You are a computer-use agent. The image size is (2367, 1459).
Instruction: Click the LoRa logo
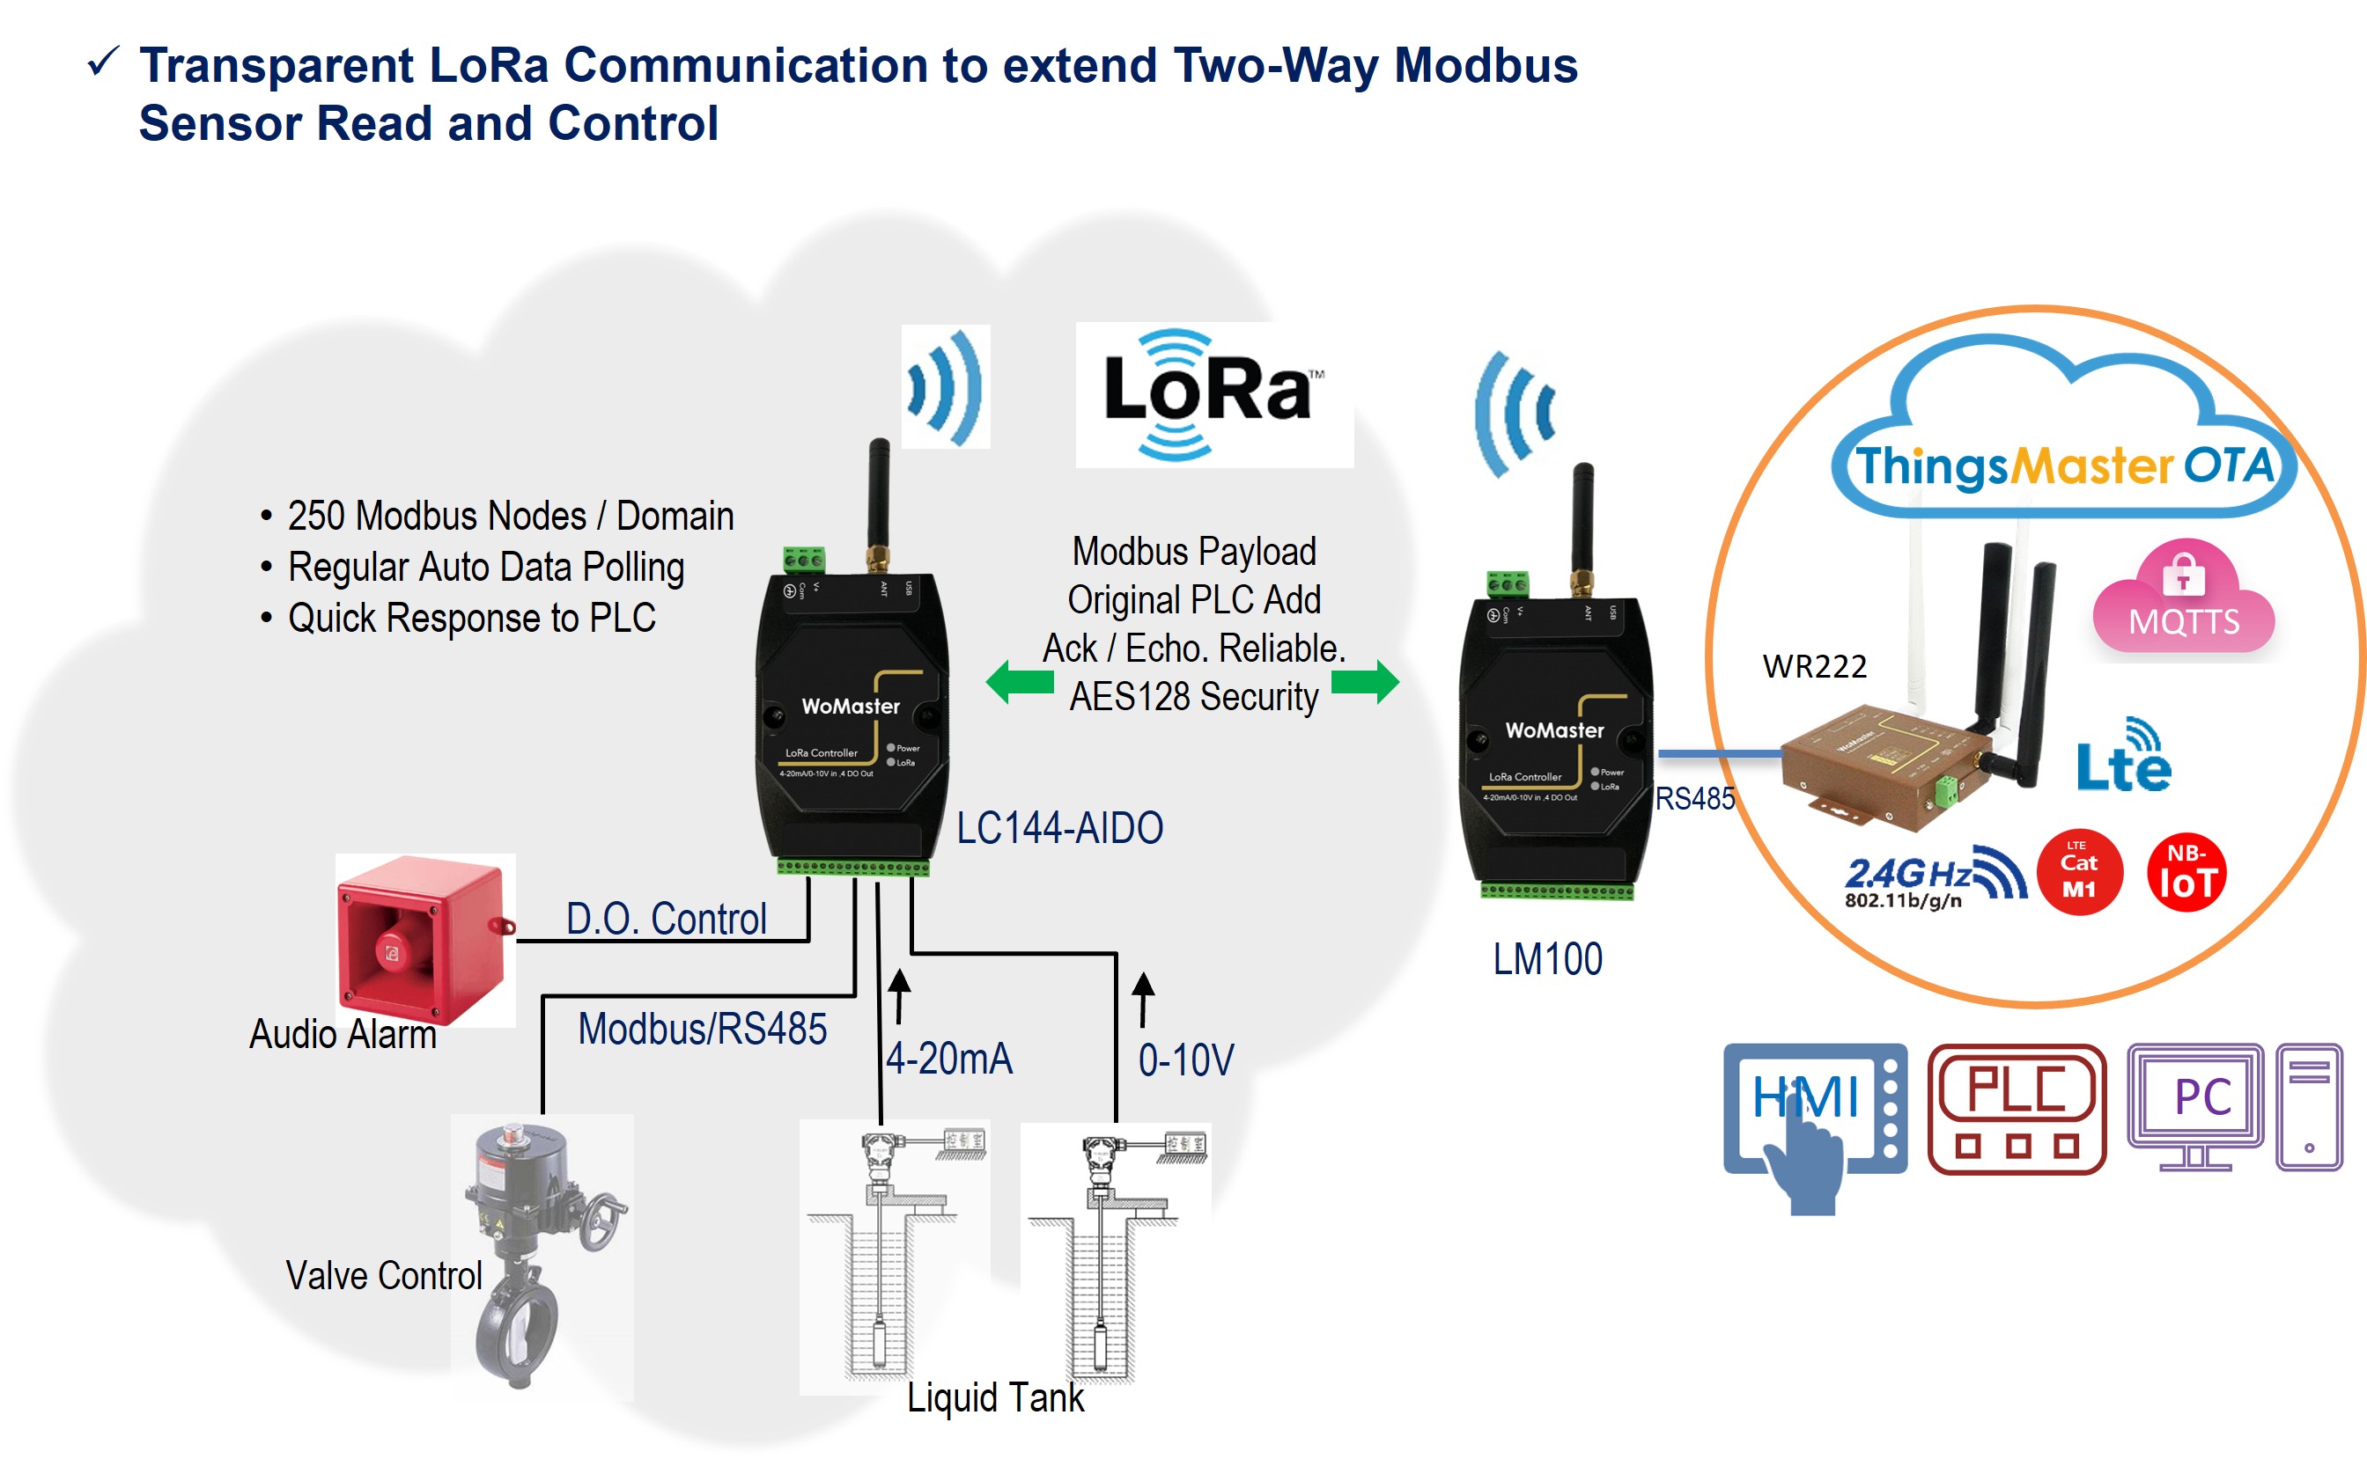[x=1213, y=394]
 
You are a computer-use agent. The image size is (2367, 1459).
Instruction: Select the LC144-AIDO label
[x=1059, y=828]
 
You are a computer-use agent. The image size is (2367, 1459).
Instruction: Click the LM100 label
[x=1546, y=959]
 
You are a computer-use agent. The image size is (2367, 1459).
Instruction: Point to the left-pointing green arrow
[x=1020, y=682]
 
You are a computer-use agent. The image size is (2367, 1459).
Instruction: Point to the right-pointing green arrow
[x=1365, y=682]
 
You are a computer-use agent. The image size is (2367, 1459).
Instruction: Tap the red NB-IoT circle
[x=2186, y=872]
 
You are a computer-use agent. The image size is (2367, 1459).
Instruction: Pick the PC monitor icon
[x=2195, y=1105]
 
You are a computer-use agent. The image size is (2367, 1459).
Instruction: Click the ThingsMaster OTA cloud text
[x=2064, y=466]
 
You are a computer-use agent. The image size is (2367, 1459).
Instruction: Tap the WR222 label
[x=1814, y=666]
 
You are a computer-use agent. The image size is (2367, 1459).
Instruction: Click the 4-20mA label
[x=950, y=1059]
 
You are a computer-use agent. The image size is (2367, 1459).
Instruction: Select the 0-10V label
[x=1185, y=1060]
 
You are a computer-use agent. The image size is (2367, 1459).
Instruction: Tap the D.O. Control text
[x=666, y=919]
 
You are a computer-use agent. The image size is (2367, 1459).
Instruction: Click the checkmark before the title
[x=103, y=62]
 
